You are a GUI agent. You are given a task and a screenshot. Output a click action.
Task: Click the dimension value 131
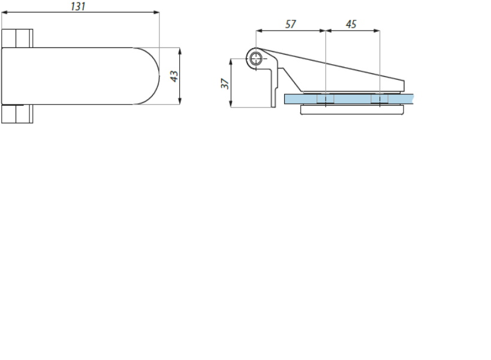click(x=78, y=6)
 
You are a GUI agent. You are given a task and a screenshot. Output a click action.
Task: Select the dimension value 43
click(x=174, y=76)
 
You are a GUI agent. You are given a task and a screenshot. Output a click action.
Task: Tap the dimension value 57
click(x=290, y=24)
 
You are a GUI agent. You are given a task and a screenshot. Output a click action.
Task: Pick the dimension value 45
click(x=351, y=24)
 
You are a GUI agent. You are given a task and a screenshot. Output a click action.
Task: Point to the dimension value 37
click(x=225, y=83)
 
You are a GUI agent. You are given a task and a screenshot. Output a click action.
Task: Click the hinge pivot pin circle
click(x=256, y=58)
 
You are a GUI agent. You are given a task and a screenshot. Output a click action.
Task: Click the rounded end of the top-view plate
click(x=147, y=76)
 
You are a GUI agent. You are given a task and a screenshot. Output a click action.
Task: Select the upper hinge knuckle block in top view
click(x=17, y=38)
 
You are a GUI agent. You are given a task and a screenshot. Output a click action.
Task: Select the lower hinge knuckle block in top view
click(x=17, y=114)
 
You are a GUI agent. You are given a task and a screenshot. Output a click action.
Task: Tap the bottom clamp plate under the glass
click(x=352, y=110)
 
